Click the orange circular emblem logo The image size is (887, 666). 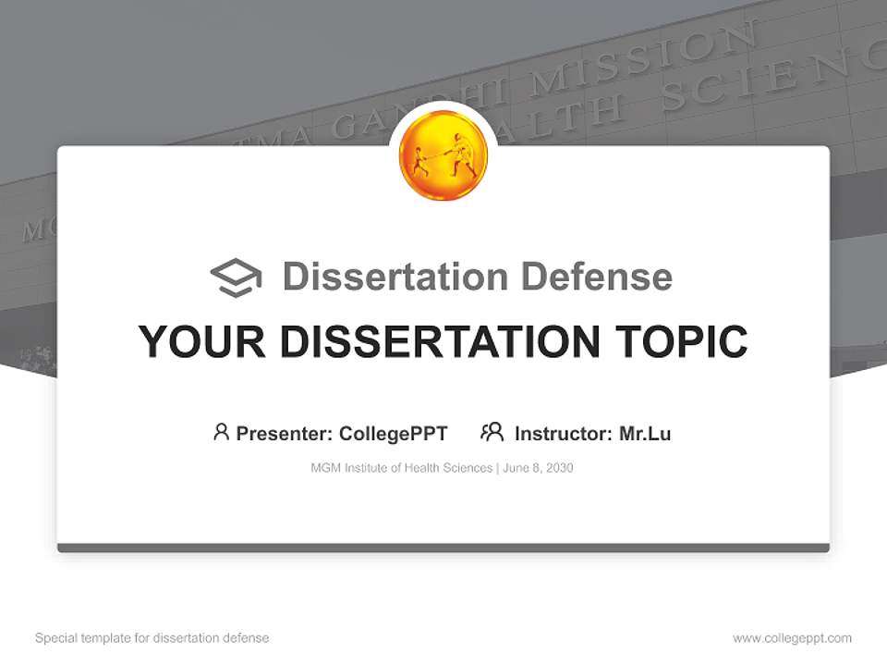[443, 155]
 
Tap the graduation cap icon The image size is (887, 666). [236, 277]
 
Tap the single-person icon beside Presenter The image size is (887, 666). [221, 432]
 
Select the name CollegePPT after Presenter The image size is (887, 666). [394, 434]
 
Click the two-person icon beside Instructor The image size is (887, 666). [492, 432]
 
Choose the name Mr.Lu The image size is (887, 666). [645, 434]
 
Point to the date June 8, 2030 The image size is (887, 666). [539, 468]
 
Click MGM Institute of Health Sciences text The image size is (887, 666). [402, 468]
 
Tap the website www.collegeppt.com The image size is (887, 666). [792, 638]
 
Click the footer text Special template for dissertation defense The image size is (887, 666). [152, 638]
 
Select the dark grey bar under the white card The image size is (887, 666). [443, 548]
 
